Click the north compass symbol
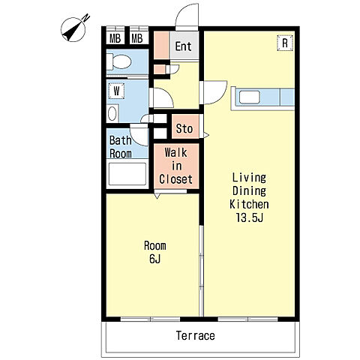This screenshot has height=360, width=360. [74, 29]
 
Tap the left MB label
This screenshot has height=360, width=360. [115, 38]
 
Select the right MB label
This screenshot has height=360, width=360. [137, 38]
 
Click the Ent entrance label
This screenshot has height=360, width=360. [183, 46]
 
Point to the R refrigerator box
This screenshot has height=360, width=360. [285, 43]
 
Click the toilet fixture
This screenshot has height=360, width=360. [119, 61]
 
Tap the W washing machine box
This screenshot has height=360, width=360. [116, 91]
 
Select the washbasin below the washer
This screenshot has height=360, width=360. [112, 114]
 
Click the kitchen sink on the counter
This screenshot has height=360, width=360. [250, 97]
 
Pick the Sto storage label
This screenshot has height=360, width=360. [184, 129]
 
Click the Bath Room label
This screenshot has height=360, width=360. [121, 147]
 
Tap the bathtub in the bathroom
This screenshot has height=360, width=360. [127, 174]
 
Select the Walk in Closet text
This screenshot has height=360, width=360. [176, 166]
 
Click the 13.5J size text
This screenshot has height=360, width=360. [250, 217]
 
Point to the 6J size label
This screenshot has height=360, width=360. [155, 259]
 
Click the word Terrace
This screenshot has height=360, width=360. [196, 335]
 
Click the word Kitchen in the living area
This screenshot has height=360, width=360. [249, 204]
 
